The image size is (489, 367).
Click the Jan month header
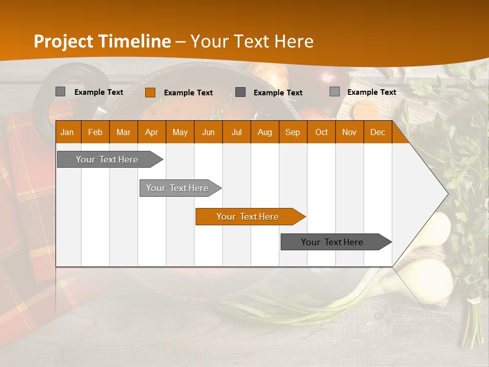pos(67,132)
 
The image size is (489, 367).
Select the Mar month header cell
pos(123,132)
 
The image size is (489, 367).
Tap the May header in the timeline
pos(180,132)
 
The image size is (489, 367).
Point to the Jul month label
pos(236,132)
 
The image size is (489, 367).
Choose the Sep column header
pos(292,132)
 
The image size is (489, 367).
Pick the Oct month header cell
pos(321,132)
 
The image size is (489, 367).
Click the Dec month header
pos(377,132)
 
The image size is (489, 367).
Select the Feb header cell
pos(95,132)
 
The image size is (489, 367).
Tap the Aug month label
pos(264,132)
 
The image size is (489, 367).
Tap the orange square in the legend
pos(150,92)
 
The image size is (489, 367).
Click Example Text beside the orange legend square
pos(188,93)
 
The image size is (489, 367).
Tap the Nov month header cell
pos(349,132)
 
